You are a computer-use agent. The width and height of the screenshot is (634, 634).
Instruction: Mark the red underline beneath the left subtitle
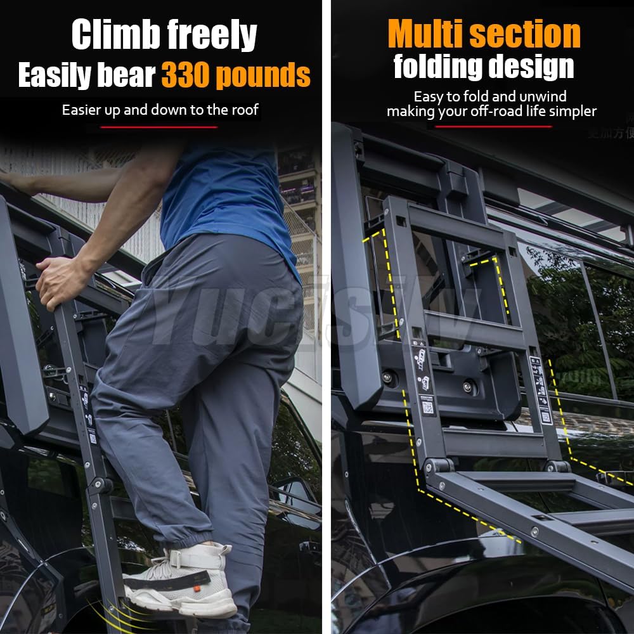click(x=158, y=127)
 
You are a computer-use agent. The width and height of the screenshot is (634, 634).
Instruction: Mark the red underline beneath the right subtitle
click(x=493, y=127)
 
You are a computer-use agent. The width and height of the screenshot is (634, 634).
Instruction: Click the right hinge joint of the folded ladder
click(x=557, y=467)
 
